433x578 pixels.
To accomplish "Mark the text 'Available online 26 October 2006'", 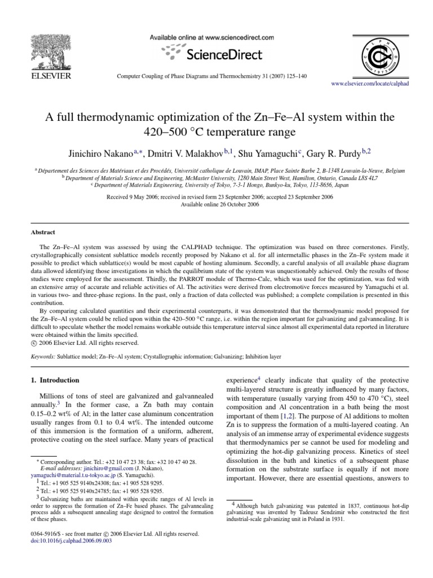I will click(x=216, y=205).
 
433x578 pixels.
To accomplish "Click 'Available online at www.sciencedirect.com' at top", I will click(x=211, y=37).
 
